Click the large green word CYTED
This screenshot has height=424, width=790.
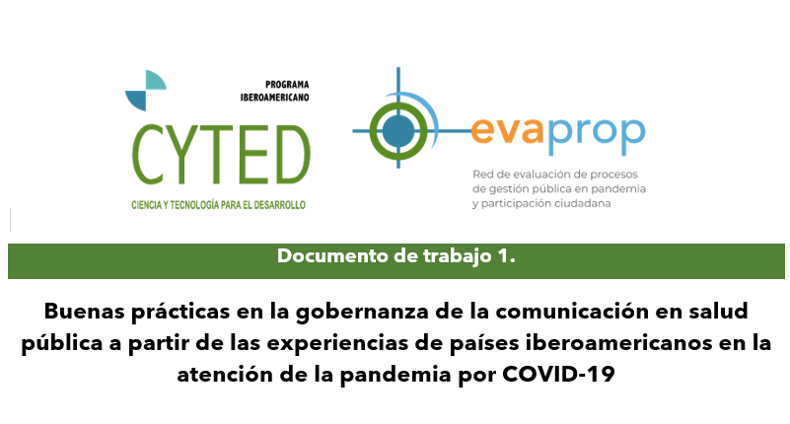pos(221,154)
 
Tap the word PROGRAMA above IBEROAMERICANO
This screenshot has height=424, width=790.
pos(287,85)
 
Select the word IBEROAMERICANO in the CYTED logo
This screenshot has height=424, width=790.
pos(274,98)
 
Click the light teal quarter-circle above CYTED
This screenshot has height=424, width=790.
pos(156,80)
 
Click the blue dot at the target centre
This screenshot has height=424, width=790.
pos(398,131)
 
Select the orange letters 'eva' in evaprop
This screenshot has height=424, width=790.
pos(508,131)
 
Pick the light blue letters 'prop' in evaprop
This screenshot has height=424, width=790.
pos(596,134)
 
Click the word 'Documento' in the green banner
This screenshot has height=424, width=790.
pos(333,255)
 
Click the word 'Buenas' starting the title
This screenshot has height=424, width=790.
pos(84,311)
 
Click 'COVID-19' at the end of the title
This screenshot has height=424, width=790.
pos(559,374)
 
